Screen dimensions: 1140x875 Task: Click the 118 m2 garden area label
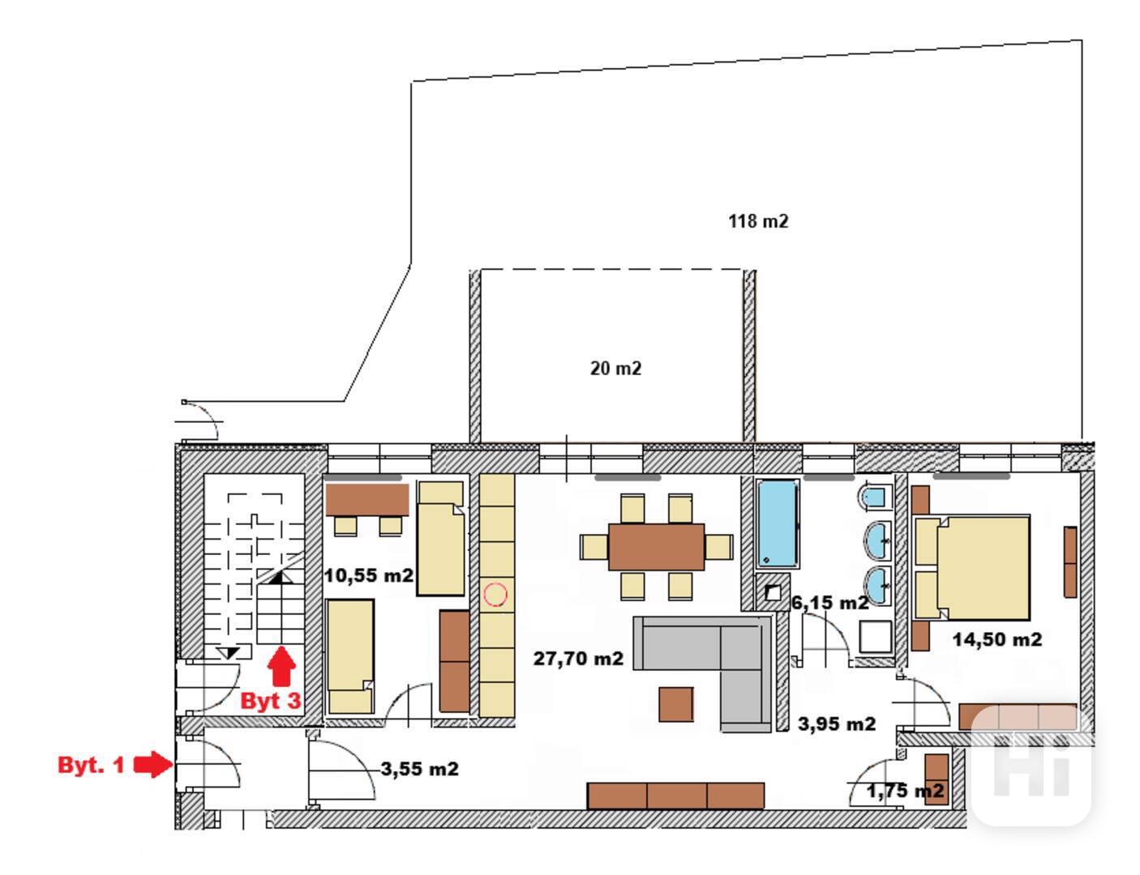[758, 221]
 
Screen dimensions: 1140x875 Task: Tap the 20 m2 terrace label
[615, 369]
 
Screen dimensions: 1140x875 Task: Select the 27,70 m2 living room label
[578, 659]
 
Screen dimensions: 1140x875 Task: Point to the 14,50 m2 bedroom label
[996, 639]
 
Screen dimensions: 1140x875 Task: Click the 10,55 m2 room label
[369, 576]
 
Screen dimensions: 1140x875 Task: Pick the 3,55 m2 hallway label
[420, 769]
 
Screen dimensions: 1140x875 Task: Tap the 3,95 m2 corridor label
[837, 724]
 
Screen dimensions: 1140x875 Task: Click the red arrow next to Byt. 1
[152, 765]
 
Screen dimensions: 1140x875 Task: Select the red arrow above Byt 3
[281, 666]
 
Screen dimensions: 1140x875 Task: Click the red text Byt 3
[271, 701]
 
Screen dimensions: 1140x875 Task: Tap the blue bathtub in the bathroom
[778, 524]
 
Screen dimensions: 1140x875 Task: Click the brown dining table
[656, 547]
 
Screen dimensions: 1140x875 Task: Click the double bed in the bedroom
[972, 567]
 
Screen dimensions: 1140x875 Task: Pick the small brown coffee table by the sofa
[676, 704]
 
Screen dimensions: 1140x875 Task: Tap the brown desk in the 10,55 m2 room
[367, 500]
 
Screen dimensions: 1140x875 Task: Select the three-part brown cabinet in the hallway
[675, 796]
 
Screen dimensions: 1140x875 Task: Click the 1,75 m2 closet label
[905, 792]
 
